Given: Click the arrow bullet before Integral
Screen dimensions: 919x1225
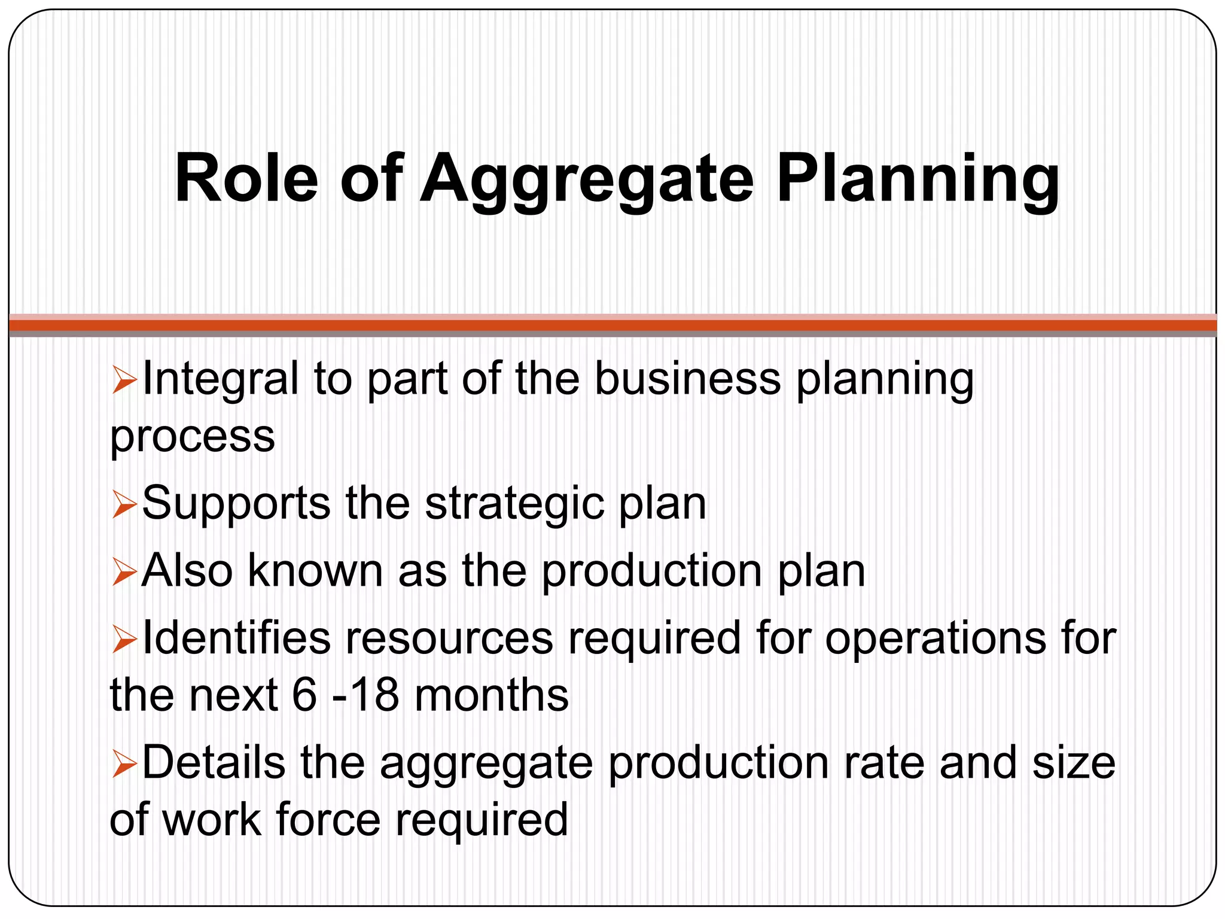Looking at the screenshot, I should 124,381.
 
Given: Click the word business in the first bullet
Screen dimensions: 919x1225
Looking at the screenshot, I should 687,379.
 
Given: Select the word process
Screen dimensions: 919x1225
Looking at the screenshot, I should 193,437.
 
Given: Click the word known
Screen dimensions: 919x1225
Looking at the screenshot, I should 315,571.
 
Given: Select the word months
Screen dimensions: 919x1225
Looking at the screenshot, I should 491,695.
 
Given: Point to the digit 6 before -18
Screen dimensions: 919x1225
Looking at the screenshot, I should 304,695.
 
